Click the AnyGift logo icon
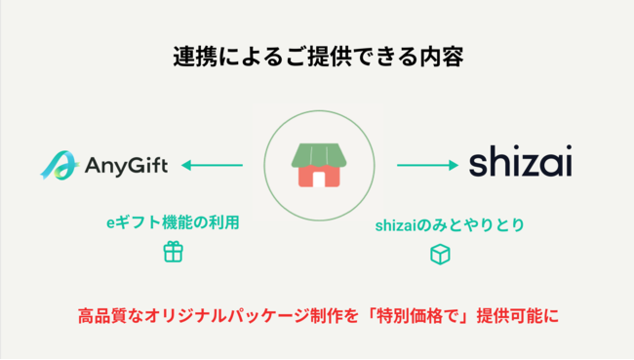(58, 165)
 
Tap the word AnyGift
(125, 165)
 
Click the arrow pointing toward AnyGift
(212, 165)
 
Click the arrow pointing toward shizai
(428, 165)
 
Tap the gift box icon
(173, 252)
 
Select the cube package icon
(441, 254)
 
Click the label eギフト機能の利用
(173, 222)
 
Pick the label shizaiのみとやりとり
(450, 225)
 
